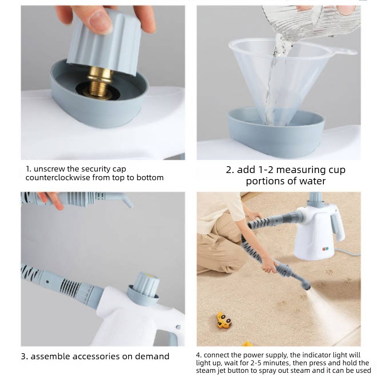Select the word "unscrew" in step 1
pos(49,169)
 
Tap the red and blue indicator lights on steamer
pos(325,248)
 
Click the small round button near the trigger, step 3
pos(178,327)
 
